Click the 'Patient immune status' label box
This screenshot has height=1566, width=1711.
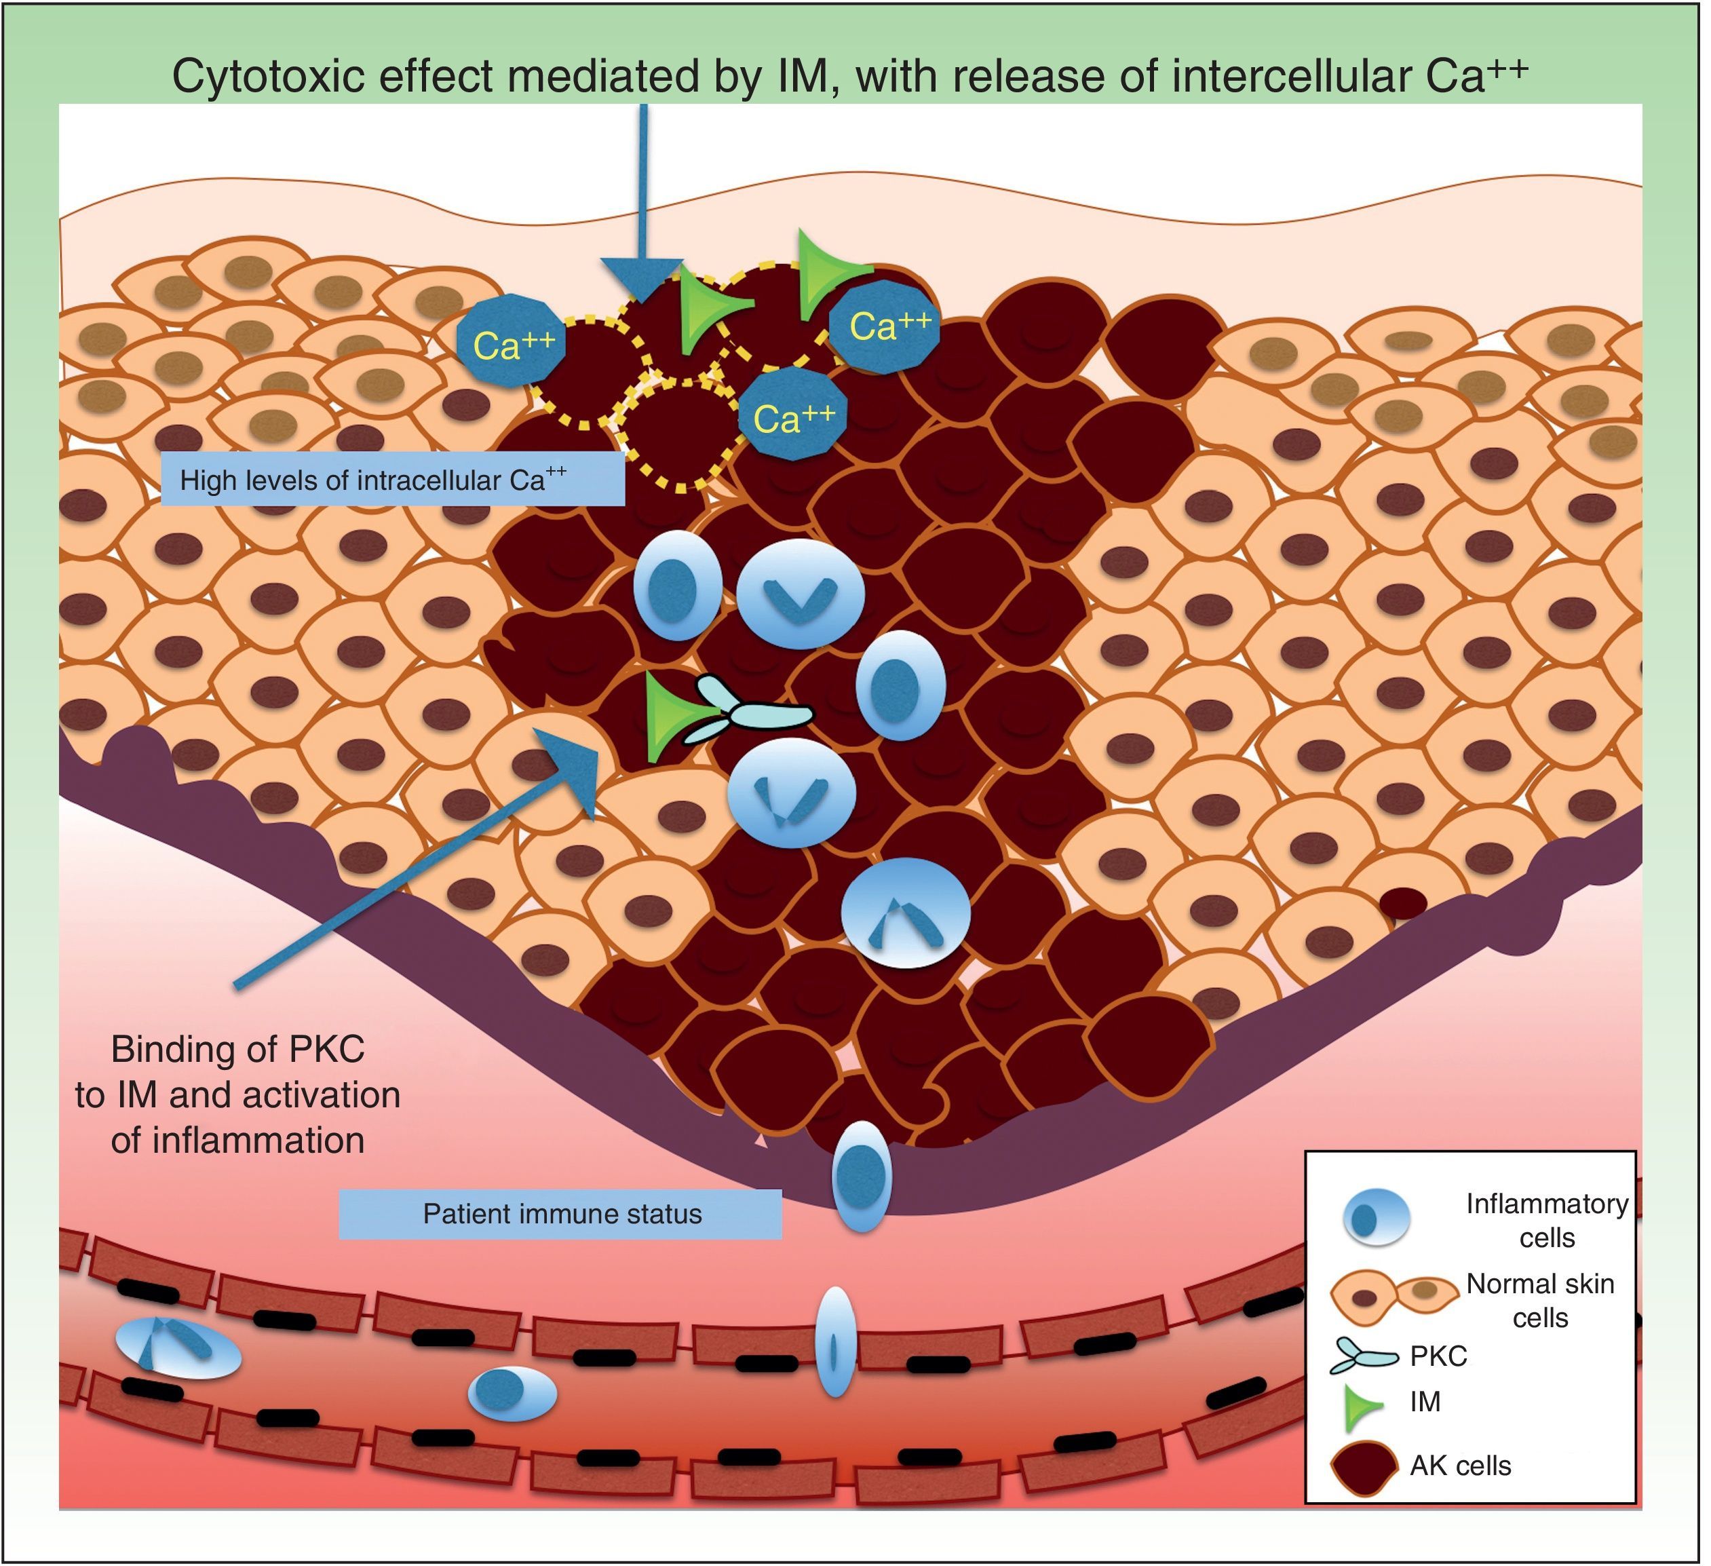pos(560,1214)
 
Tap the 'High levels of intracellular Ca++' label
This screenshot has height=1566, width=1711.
pos(392,480)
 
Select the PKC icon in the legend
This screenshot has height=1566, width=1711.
pos(1362,1356)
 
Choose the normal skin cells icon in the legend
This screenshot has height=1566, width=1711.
pos(1392,1299)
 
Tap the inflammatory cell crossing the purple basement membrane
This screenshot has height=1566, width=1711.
pos(862,1177)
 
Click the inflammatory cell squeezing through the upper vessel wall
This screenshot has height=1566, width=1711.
pos(835,1341)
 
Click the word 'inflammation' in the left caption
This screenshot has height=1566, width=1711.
pos(237,1141)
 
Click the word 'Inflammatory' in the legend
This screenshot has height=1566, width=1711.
pos(1546,1204)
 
